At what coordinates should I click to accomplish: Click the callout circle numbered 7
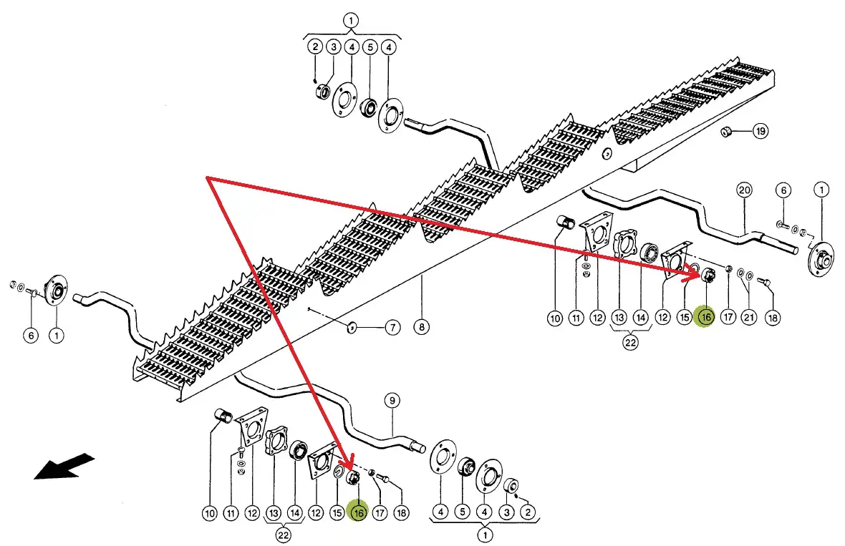click(392, 328)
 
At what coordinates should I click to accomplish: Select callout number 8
click(422, 328)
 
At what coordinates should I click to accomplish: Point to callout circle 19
click(760, 132)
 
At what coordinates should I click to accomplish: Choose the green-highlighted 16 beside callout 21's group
click(705, 316)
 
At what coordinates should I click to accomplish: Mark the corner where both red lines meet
click(207, 176)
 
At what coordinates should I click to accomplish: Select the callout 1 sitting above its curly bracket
click(351, 20)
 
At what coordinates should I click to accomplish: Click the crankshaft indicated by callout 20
click(687, 215)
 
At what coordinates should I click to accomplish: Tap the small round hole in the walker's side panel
click(607, 152)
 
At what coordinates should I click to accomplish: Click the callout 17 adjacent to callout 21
click(728, 316)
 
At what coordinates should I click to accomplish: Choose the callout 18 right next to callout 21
click(771, 316)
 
